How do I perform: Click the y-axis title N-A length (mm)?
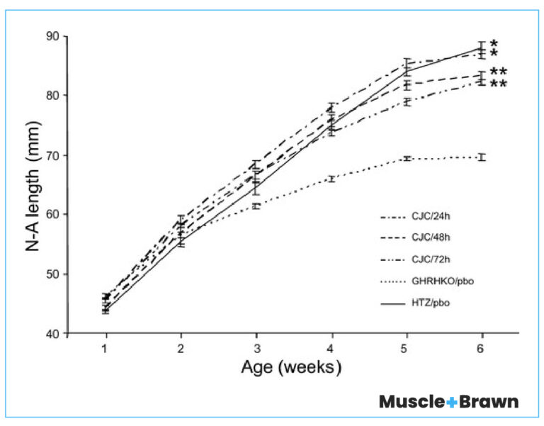pyautogui.click(x=35, y=185)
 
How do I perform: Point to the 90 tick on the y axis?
pyautogui.click(x=52, y=36)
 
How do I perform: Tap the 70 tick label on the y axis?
pyautogui.click(x=52, y=155)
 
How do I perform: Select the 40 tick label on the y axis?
pyautogui.click(x=52, y=333)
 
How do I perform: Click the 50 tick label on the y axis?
pyautogui.click(x=52, y=274)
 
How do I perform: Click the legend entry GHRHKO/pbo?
pyautogui.click(x=439, y=281)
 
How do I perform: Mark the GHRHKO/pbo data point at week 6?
pyautogui.click(x=482, y=157)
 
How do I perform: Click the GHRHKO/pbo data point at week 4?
pyautogui.click(x=331, y=179)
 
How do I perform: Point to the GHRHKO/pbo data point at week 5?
pyautogui.click(x=407, y=158)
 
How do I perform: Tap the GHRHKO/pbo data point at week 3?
pyautogui.click(x=256, y=206)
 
